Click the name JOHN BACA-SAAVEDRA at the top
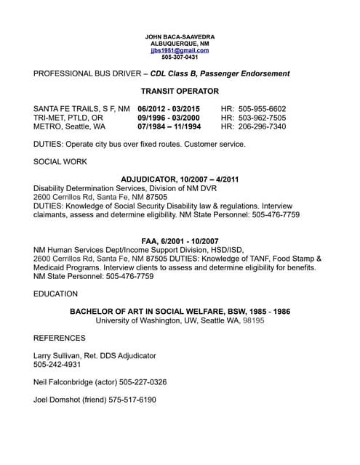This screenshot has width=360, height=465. pyautogui.click(x=180, y=36)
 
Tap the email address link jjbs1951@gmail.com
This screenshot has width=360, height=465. pyautogui.click(x=180, y=50)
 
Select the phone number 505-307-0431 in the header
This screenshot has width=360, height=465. pyautogui.click(x=180, y=57)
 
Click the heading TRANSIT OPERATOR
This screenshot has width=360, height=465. pyautogui.click(x=180, y=91)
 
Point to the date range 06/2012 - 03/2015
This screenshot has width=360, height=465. pyautogui.click(x=169, y=108)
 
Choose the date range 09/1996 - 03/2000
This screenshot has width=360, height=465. pyautogui.click(x=169, y=117)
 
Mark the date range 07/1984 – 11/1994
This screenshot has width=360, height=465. pyautogui.click(x=169, y=126)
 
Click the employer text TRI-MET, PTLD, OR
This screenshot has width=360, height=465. pyautogui.click(x=68, y=117)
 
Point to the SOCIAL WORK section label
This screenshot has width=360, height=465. pyautogui.click(x=60, y=161)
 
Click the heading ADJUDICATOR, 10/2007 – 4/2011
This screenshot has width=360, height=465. pyautogui.click(x=180, y=179)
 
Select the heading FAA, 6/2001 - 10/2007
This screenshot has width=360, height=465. pyautogui.click(x=180, y=240)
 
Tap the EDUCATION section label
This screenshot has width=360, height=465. pyautogui.click(x=56, y=294)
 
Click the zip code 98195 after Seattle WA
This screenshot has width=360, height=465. pyautogui.click(x=253, y=320)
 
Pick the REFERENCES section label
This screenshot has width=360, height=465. pyautogui.click(x=60, y=338)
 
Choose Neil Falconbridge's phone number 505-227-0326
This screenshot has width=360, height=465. pyautogui.click(x=141, y=381)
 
